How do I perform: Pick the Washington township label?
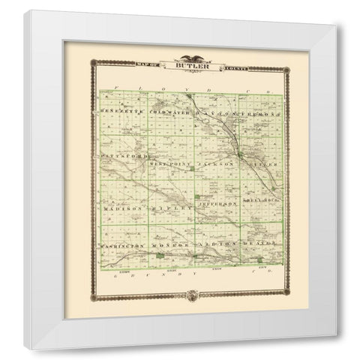121,245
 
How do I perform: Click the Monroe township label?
170,245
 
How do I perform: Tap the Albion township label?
216,245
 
